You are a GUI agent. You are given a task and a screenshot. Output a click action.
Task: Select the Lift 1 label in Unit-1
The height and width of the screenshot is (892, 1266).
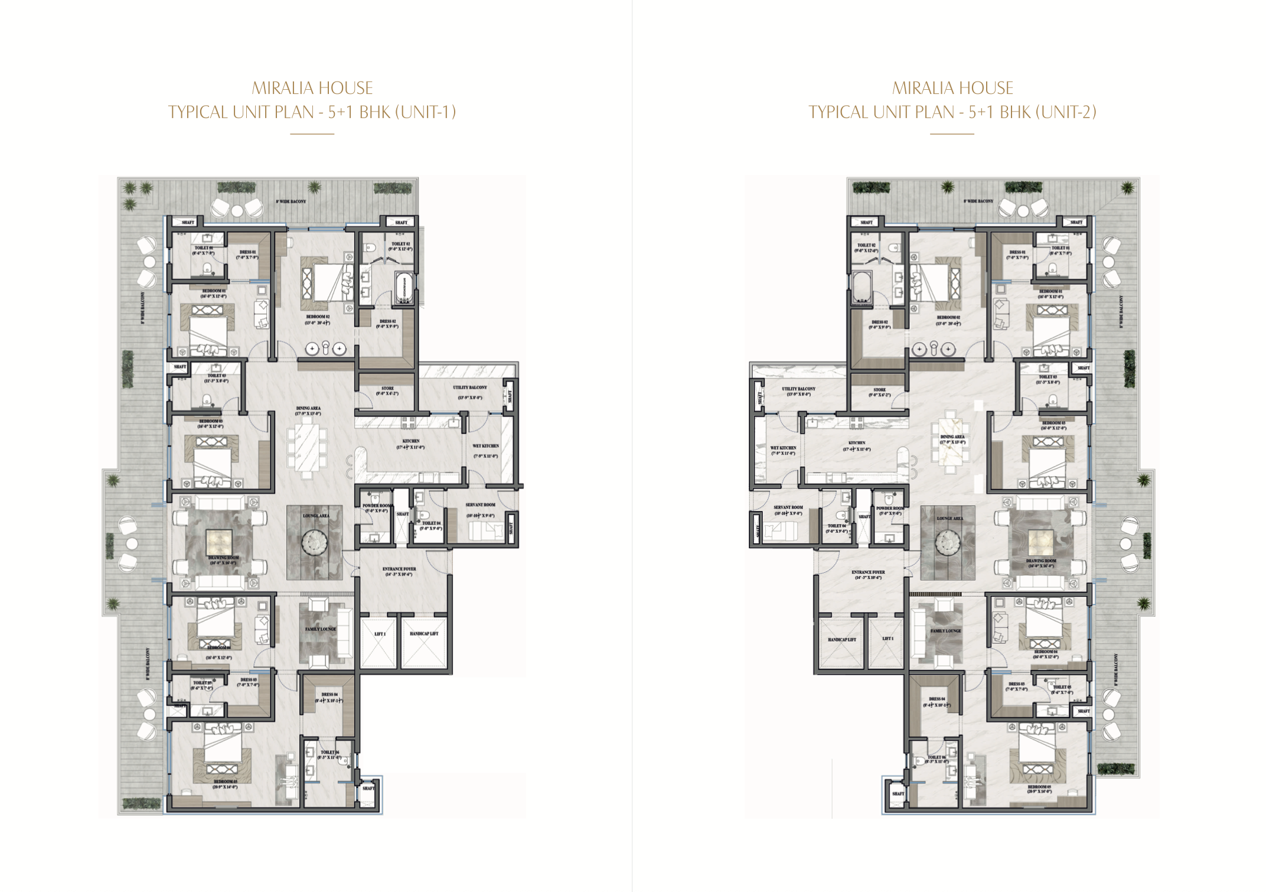(x=380, y=634)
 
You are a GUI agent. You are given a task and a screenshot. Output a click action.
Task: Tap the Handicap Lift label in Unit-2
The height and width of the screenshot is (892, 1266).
(x=841, y=639)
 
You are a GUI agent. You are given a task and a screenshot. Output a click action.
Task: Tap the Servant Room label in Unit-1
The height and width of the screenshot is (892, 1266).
(x=480, y=505)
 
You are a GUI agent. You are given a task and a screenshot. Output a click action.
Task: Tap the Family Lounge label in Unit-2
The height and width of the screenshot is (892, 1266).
(x=945, y=631)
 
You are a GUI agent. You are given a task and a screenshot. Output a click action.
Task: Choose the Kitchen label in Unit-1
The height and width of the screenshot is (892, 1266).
(x=411, y=441)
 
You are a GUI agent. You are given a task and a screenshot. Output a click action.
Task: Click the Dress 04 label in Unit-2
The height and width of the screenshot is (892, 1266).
(x=937, y=699)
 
